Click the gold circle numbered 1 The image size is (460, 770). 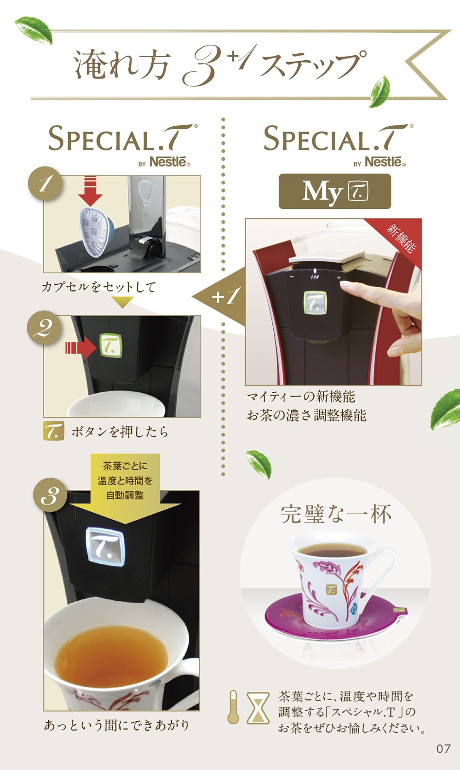click(x=45, y=184)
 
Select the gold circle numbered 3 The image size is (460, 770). click(x=50, y=495)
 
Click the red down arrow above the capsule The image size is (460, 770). click(x=90, y=191)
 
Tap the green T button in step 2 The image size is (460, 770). click(x=111, y=345)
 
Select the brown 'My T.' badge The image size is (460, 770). click(x=334, y=191)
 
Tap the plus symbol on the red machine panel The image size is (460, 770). click(x=339, y=277)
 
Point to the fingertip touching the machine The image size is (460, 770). click(x=344, y=284)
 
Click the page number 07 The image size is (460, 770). click(x=443, y=749)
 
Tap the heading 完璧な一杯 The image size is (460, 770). click(x=336, y=515)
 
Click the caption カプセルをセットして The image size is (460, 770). click(x=98, y=287)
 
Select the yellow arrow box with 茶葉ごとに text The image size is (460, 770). click(x=126, y=485)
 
